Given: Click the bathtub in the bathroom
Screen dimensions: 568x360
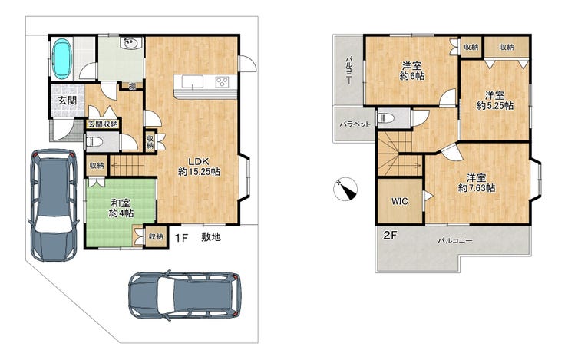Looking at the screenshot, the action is (x=62, y=58).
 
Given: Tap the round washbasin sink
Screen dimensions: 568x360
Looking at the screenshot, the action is (x=130, y=44).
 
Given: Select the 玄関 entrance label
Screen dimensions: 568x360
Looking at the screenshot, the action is (x=68, y=101).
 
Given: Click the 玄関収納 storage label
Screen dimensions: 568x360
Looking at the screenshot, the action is (x=104, y=124).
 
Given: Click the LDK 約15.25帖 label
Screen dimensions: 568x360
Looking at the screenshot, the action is (x=199, y=167).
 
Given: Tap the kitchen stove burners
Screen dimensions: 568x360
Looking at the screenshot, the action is (x=222, y=82).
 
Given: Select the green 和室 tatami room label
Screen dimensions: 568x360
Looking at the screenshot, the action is (x=121, y=208).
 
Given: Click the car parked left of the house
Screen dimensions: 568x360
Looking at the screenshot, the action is (x=54, y=205).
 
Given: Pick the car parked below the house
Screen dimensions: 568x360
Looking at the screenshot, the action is (x=185, y=296).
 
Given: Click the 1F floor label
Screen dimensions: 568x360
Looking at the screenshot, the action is (x=181, y=238).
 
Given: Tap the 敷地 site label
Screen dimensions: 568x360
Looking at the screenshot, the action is (x=211, y=237).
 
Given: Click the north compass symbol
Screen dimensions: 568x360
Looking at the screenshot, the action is (x=345, y=189).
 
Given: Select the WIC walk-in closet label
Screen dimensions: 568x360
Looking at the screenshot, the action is (x=400, y=201).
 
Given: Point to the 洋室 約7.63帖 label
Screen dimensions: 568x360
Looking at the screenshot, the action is (x=477, y=183).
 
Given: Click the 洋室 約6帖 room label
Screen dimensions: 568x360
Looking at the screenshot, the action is (x=412, y=71).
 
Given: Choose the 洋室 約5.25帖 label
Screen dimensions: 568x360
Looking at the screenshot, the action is (x=495, y=101).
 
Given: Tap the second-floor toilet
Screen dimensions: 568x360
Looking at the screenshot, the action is (x=383, y=118).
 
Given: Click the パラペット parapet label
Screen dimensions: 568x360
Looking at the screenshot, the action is (x=355, y=124).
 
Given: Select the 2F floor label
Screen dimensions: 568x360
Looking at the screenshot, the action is (x=391, y=236).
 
